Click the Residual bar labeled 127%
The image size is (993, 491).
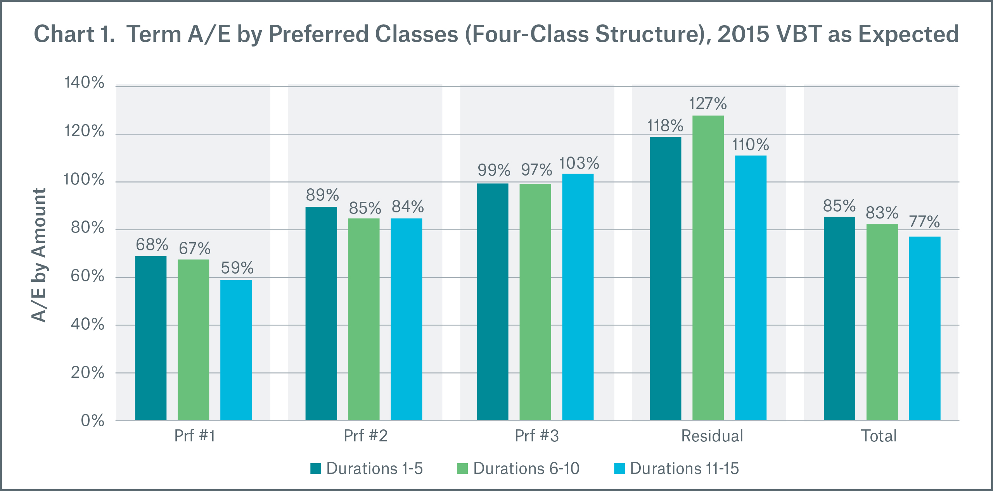click(708, 267)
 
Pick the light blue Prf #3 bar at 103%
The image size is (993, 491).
click(578, 296)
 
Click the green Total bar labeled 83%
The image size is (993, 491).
click(882, 322)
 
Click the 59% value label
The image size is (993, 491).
click(237, 268)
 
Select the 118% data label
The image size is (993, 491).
click(665, 126)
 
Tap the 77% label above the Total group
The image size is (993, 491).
click(924, 222)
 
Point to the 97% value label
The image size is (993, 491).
click(536, 170)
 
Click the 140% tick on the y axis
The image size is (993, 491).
click(84, 83)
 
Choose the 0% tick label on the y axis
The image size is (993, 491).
click(92, 420)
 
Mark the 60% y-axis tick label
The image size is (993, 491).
click(87, 276)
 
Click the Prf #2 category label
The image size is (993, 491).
click(365, 436)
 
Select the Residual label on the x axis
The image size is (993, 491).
click(712, 436)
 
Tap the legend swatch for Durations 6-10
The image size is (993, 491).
click(462, 469)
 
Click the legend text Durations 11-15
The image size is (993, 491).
click(684, 469)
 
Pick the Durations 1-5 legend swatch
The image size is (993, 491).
click(316, 469)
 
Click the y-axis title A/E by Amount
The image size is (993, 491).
click(39, 255)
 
